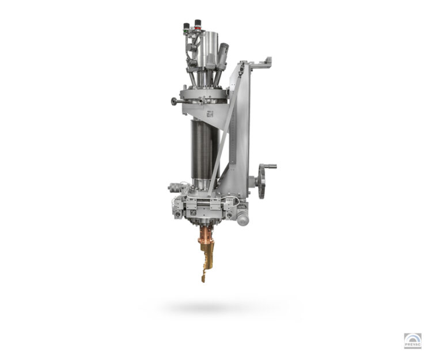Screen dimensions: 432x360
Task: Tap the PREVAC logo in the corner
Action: [x=412, y=341]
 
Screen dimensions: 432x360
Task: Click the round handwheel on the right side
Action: [x=262, y=181]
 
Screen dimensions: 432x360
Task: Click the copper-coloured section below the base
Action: [x=207, y=235]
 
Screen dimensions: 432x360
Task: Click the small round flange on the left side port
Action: [x=173, y=101]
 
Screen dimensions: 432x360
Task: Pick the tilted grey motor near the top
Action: [x=222, y=56]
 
